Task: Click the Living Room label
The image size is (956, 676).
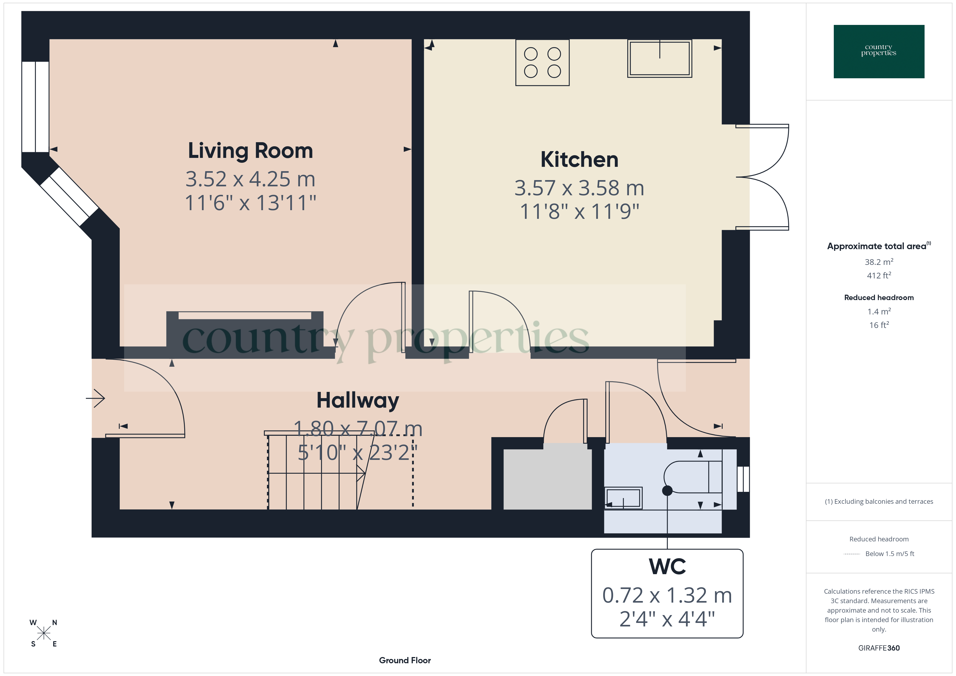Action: pyautogui.click(x=250, y=151)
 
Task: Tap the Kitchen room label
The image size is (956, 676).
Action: pyautogui.click(x=579, y=160)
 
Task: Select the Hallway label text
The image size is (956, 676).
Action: pyautogui.click(x=358, y=401)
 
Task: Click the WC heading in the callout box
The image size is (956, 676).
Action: pyautogui.click(x=667, y=567)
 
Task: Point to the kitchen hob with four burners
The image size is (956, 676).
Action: pyautogui.click(x=542, y=63)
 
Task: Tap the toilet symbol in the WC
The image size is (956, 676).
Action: pyautogui.click(x=691, y=477)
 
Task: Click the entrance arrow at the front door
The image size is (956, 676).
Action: pyautogui.click(x=96, y=398)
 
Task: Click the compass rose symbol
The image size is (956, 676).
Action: pyautogui.click(x=43, y=633)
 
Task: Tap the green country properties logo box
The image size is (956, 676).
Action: pyautogui.click(x=879, y=52)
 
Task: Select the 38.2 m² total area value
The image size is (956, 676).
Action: pyautogui.click(x=879, y=262)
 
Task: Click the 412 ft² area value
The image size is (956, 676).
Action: pyautogui.click(x=879, y=275)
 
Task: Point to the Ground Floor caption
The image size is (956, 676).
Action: pyautogui.click(x=405, y=661)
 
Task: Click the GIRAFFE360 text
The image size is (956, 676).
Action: pyautogui.click(x=879, y=648)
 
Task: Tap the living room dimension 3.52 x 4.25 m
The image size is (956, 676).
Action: pyautogui.click(x=250, y=179)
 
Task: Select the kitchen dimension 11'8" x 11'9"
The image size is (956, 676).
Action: pyautogui.click(x=579, y=212)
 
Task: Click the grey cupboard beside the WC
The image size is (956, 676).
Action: pyautogui.click(x=547, y=479)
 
